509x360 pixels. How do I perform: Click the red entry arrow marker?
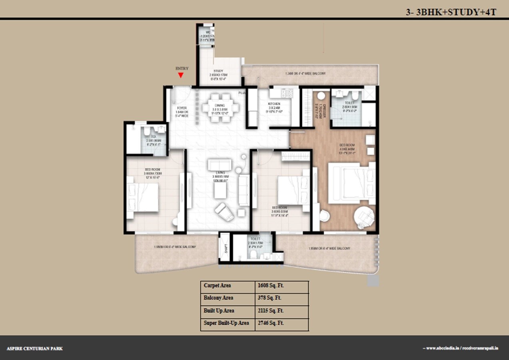(181, 75)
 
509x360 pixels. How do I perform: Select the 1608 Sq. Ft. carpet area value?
(271, 286)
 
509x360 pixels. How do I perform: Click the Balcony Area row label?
(218, 298)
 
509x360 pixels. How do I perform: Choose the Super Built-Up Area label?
(226, 323)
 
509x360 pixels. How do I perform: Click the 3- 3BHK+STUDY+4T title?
(451, 12)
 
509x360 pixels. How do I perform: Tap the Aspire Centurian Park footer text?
(35, 349)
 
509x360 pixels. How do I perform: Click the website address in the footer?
(462, 348)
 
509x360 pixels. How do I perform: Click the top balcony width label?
(305, 74)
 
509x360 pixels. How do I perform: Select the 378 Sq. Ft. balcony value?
(270, 298)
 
